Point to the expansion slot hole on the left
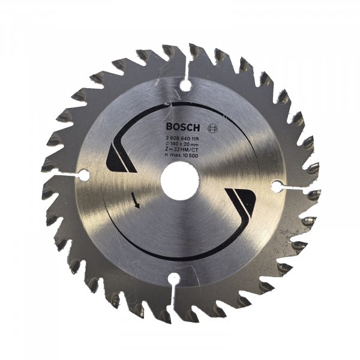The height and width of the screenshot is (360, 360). coord(83,175)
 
